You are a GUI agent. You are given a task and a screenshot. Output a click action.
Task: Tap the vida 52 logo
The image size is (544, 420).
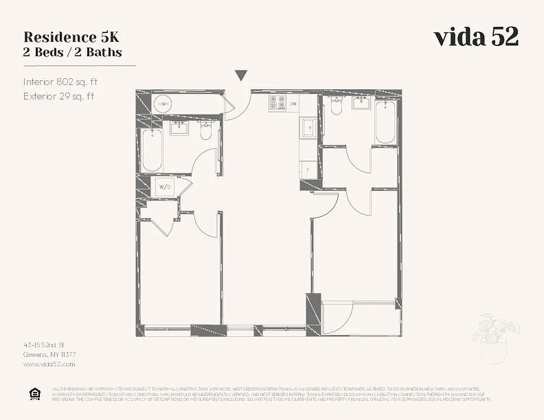[476, 37]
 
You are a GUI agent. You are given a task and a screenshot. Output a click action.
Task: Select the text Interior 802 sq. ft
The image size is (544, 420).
[60, 82]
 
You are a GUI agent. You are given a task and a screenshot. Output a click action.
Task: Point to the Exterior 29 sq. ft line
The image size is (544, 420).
[58, 96]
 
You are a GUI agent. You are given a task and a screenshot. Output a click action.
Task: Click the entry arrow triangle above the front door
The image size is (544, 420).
[241, 76]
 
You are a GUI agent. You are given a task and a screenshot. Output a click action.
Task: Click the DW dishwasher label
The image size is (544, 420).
[293, 104]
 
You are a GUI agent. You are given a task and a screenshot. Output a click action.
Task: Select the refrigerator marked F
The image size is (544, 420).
[307, 169]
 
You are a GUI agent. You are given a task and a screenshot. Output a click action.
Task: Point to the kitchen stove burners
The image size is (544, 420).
[277, 102]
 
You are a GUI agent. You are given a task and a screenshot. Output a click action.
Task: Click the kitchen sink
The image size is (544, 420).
[308, 127]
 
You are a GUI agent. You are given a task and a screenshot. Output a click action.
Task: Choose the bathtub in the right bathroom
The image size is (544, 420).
[385, 122]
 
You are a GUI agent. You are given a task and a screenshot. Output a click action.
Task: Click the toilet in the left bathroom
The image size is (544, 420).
[206, 131]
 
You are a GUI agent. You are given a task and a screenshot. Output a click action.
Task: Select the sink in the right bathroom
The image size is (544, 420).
[361, 102]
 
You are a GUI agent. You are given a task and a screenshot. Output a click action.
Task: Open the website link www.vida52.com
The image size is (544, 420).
[49, 364]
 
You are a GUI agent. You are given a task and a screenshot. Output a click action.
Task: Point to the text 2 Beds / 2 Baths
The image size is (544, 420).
[73, 52]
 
